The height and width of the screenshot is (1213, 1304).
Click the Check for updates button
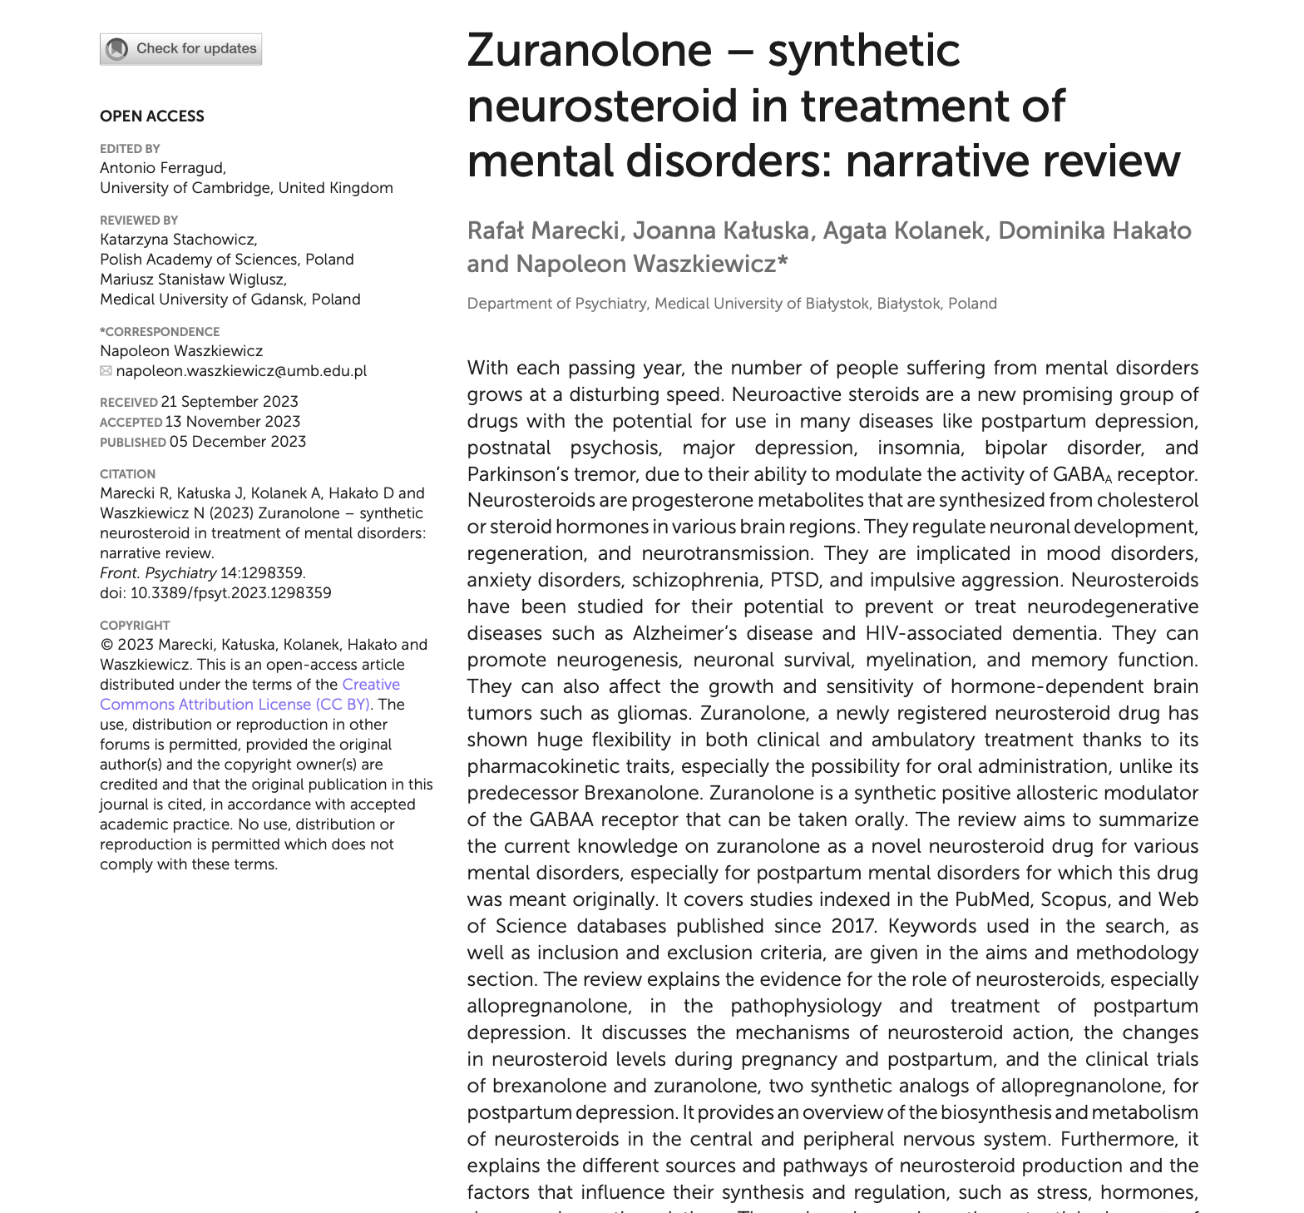[180, 49]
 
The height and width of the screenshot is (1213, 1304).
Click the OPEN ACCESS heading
[151, 116]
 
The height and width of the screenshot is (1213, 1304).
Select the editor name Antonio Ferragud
[162, 168]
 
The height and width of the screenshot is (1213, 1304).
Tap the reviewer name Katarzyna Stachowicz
[178, 240]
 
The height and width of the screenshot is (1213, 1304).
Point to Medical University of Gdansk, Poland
[230, 300]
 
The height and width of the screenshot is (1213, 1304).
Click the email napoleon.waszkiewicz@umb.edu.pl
[241, 371]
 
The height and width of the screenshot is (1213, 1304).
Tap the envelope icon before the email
[106, 371]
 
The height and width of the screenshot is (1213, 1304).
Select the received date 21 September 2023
[230, 402]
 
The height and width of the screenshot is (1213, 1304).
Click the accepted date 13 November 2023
[232, 422]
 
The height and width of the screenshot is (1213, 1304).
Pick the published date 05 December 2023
[238, 442]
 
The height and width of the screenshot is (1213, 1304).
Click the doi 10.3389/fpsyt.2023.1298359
[230, 593]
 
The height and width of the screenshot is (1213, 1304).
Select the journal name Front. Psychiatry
[158, 573]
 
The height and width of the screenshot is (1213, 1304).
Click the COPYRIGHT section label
[135, 626]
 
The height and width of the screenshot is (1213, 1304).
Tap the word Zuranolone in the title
[589, 52]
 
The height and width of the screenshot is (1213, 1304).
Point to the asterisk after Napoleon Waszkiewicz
[783, 262]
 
